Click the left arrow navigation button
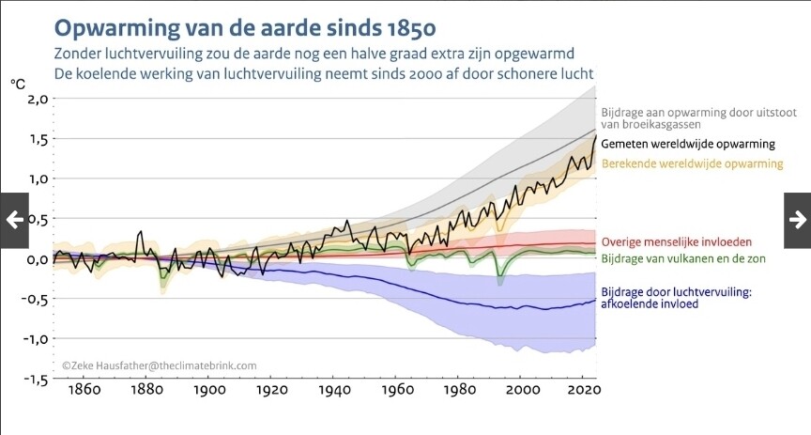click(14, 220)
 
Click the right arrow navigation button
click(797, 220)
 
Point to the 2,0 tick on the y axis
click(36, 99)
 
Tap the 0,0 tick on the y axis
click(36, 259)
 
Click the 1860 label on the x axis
click(84, 390)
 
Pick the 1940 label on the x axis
click(334, 390)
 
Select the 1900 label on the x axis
click(208, 390)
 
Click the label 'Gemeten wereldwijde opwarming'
click(687, 145)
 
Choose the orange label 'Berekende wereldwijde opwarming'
click(692, 164)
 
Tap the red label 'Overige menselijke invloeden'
click(681, 241)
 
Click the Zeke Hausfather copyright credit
click(159, 365)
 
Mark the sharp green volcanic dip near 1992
click(500, 278)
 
